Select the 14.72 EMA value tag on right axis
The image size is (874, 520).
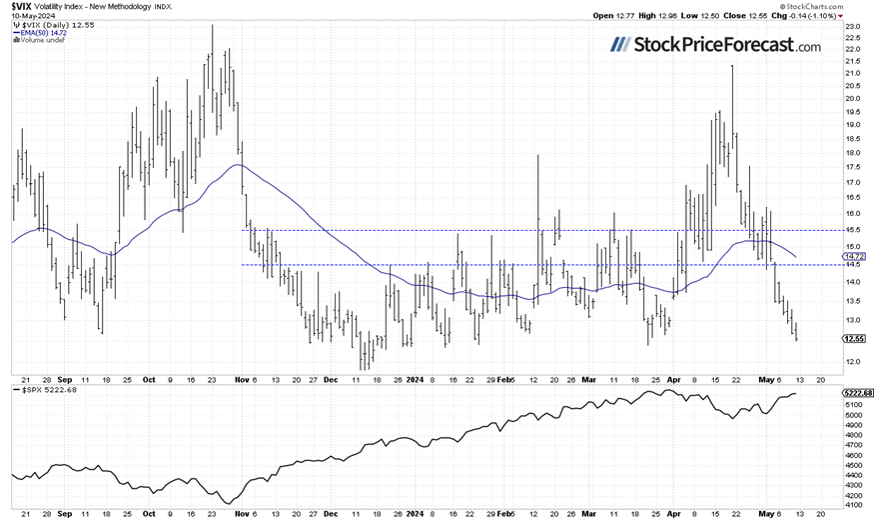[x=851, y=257]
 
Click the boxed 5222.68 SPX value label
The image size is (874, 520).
[x=855, y=393]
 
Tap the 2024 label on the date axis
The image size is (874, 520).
[x=414, y=379]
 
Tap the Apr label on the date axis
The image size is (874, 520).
[x=673, y=379]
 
